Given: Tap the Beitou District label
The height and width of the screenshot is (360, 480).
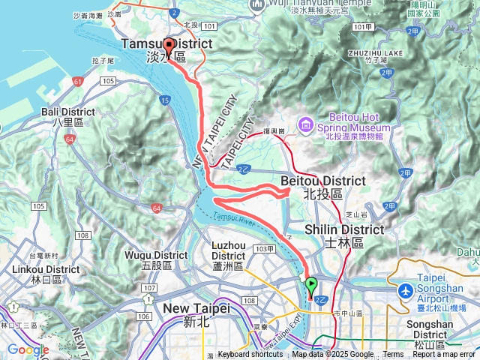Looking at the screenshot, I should [322, 181].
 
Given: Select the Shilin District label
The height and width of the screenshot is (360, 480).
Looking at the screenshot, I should [344, 229].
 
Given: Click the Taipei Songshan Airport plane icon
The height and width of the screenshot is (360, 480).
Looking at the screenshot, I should [406, 289].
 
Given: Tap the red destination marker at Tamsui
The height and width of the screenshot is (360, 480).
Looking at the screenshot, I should [169, 45].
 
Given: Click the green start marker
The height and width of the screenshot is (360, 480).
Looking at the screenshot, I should [310, 286].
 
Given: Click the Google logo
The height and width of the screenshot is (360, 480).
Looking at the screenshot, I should [28, 349].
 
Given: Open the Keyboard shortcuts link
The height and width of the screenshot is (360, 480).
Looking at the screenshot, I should [250, 355].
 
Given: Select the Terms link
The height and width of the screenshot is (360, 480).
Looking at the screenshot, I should [393, 355].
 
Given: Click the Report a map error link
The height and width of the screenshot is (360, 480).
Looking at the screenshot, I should [445, 355].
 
